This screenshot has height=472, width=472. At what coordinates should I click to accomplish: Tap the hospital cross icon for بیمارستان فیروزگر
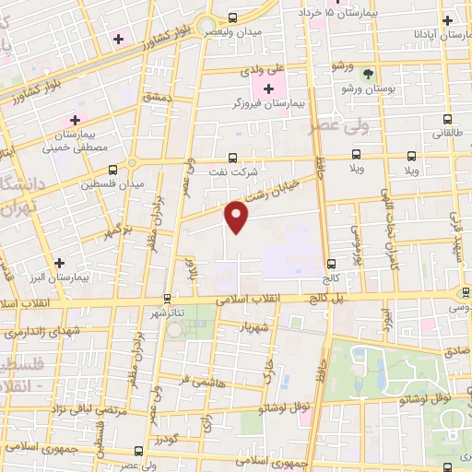click(268, 89)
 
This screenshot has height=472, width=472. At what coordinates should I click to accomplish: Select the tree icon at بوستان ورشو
click(369, 74)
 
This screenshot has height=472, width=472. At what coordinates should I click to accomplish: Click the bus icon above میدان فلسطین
click(112, 170)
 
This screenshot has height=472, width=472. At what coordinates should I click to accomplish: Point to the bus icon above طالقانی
click(447, 119)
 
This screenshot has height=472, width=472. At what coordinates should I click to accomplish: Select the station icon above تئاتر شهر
click(167, 298)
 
